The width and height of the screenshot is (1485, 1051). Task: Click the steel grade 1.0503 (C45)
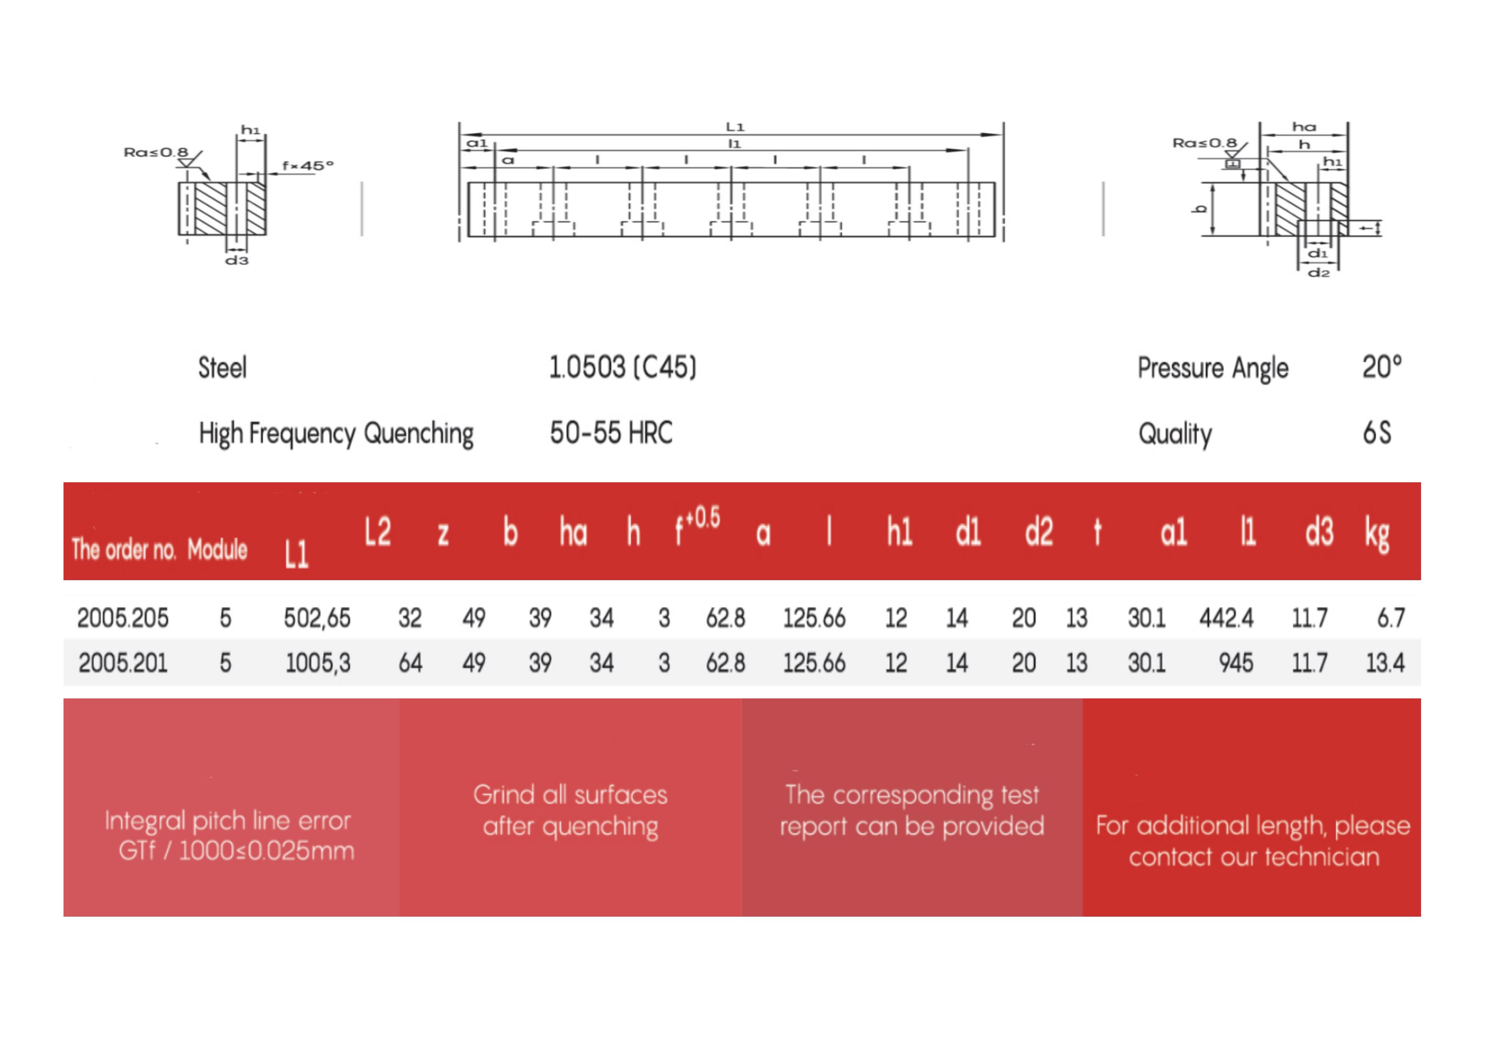(x=622, y=367)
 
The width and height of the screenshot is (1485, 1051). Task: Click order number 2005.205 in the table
(x=123, y=618)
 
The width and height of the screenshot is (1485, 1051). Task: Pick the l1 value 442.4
(x=1226, y=618)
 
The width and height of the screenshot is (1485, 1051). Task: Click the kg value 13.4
(x=1385, y=663)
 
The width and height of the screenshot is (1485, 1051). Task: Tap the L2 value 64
(x=410, y=663)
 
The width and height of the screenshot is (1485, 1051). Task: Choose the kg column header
(x=1377, y=535)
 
